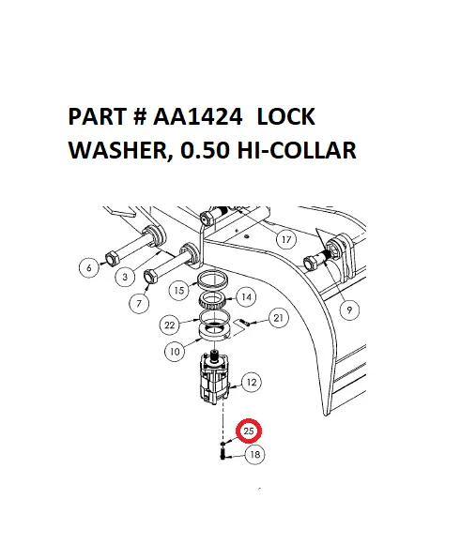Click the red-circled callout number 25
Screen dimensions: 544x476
249,431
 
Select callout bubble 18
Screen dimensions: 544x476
253,455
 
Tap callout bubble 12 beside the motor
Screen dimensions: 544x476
252,382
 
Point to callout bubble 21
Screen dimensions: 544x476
279,319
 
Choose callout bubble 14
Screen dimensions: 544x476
246,296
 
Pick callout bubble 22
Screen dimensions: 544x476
170,325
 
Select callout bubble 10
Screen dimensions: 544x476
176,352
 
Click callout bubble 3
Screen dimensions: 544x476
124,278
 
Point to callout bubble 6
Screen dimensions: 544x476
89,268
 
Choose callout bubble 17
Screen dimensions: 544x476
286,240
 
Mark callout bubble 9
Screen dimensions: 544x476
348,308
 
